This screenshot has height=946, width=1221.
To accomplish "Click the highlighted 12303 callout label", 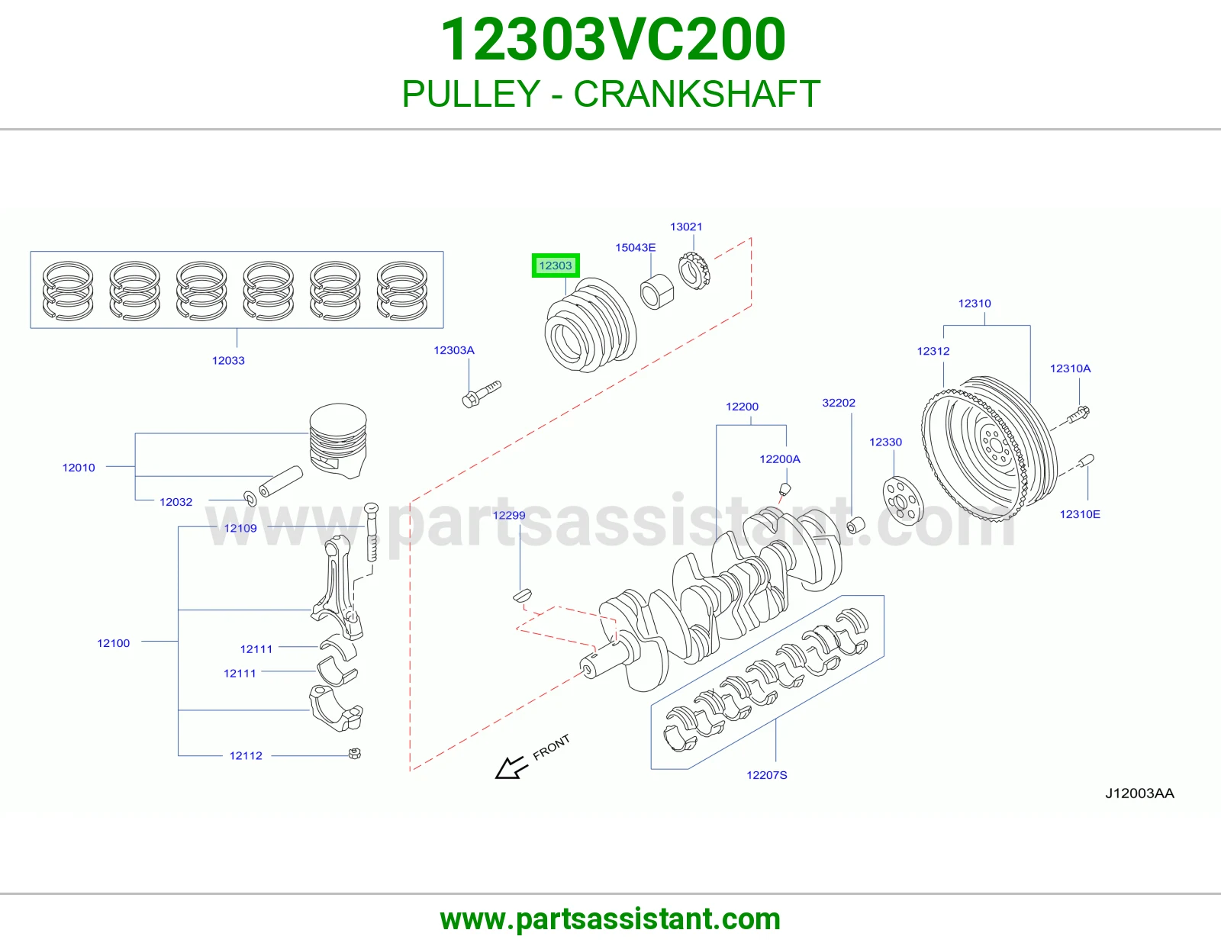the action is pyautogui.click(x=555, y=265).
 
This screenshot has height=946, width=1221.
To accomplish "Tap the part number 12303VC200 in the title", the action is pyautogui.click(x=613, y=39).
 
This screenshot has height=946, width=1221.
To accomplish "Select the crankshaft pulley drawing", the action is pyautogui.click(x=590, y=325).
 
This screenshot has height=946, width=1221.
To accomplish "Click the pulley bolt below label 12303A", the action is pyautogui.click(x=481, y=394).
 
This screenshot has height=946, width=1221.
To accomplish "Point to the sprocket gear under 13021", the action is pyautogui.click(x=694, y=271).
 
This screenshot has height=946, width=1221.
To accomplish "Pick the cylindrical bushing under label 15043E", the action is pyautogui.click(x=657, y=291).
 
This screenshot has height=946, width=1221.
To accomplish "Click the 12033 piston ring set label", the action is pyautogui.click(x=228, y=361).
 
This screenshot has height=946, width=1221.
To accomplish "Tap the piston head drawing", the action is pyautogui.click(x=338, y=440).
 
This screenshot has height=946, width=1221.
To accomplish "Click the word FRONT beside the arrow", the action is pyautogui.click(x=551, y=747).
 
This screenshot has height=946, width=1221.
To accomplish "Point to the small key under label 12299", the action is pyautogui.click(x=522, y=596).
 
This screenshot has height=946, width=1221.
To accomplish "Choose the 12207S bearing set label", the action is pyautogui.click(x=766, y=775).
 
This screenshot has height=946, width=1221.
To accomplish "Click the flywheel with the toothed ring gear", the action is pyautogui.click(x=990, y=449).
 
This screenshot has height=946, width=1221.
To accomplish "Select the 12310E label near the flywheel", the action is pyautogui.click(x=1079, y=514).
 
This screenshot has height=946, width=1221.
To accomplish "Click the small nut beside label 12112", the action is pyautogui.click(x=355, y=753).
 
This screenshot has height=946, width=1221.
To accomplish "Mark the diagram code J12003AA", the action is pyautogui.click(x=1139, y=793).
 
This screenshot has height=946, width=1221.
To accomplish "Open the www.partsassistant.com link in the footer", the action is pyautogui.click(x=610, y=919).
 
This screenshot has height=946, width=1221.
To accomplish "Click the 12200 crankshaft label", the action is pyautogui.click(x=742, y=407).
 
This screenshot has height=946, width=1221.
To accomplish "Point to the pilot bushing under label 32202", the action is pyautogui.click(x=855, y=526).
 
